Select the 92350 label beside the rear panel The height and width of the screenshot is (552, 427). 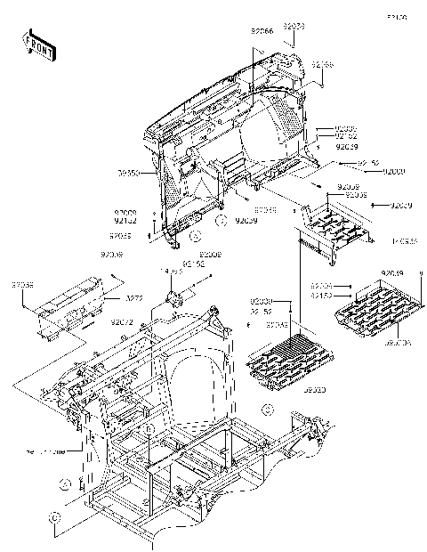click(128, 174)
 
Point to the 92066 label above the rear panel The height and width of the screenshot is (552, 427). click(262, 31)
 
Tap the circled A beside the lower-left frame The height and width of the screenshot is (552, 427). click(65, 483)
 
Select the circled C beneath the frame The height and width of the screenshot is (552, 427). click(55, 516)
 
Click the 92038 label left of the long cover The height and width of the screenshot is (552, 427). click(23, 285)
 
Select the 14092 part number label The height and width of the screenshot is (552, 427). click(171, 271)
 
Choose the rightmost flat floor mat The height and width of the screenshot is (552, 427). click(373, 308)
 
